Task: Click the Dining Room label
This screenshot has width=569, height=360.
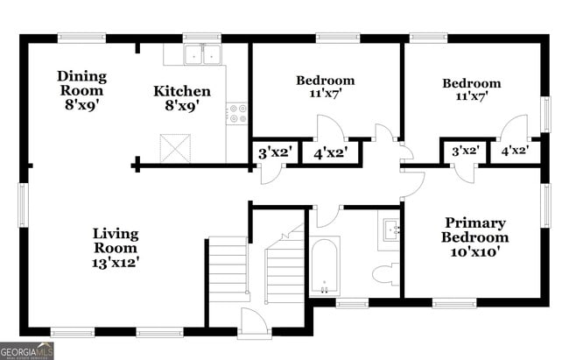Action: pyautogui.click(x=81, y=88)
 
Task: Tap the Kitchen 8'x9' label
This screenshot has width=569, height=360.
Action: pyautogui.click(x=182, y=97)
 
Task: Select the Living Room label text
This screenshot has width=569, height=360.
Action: pyautogui.click(x=116, y=246)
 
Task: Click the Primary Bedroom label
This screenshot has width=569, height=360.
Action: pyautogui.click(x=474, y=236)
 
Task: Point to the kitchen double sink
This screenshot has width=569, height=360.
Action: pyautogui.click(x=202, y=54)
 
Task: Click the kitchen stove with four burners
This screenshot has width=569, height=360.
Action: pyautogui.click(x=236, y=113)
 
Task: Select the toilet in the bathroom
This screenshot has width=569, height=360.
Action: pyautogui.click(x=384, y=274)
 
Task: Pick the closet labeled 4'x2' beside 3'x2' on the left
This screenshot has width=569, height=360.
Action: pyautogui.click(x=330, y=152)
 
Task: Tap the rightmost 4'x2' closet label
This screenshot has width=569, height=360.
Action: pyautogui.click(x=514, y=151)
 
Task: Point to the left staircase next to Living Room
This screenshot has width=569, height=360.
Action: pyautogui.click(x=228, y=269)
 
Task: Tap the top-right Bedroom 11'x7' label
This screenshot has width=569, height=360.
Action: pyautogui.click(x=471, y=89)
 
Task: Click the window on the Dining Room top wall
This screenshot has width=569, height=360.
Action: pyautogui.click(x=81, y=38)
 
